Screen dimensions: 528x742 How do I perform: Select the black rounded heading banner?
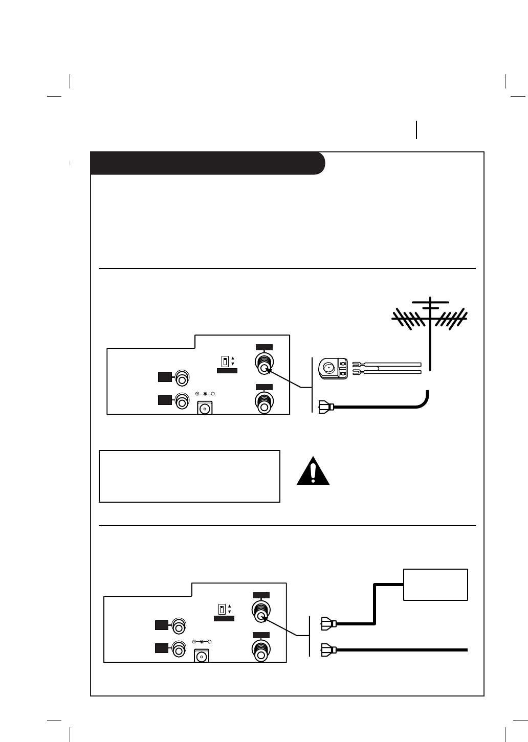207,163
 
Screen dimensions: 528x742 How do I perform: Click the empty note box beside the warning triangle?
189,476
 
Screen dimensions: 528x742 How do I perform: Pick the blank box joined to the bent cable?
435,584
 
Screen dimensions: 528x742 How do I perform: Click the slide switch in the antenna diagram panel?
225,362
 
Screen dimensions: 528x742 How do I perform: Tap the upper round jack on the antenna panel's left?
181,379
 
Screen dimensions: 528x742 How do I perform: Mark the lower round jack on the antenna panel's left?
181,401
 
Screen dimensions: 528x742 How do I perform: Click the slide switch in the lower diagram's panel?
222,610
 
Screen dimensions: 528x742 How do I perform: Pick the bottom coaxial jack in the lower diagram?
260,650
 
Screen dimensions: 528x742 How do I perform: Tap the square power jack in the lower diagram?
202,656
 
